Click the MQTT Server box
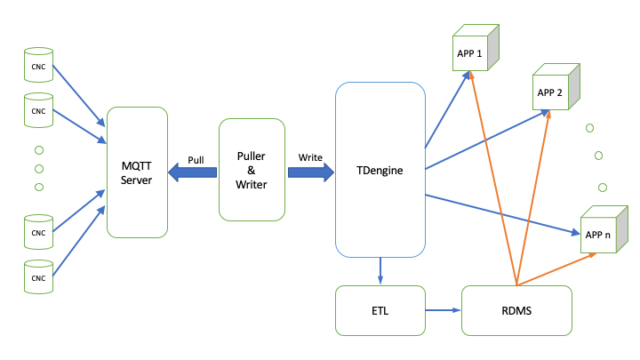click(x=137, y=172)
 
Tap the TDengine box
click(x=380, y=169)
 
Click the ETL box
click(x=380, y=310)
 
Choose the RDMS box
click(x=516, y=310)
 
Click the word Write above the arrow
click(x=310, y=156)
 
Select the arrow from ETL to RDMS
click(x=443, y=310)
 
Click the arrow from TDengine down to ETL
click(x=380, y=268)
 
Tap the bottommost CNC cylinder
click(x=38, y=276)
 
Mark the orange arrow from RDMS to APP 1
click(x=493, y=178)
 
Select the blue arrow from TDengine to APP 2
click(x=484, y=139)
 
